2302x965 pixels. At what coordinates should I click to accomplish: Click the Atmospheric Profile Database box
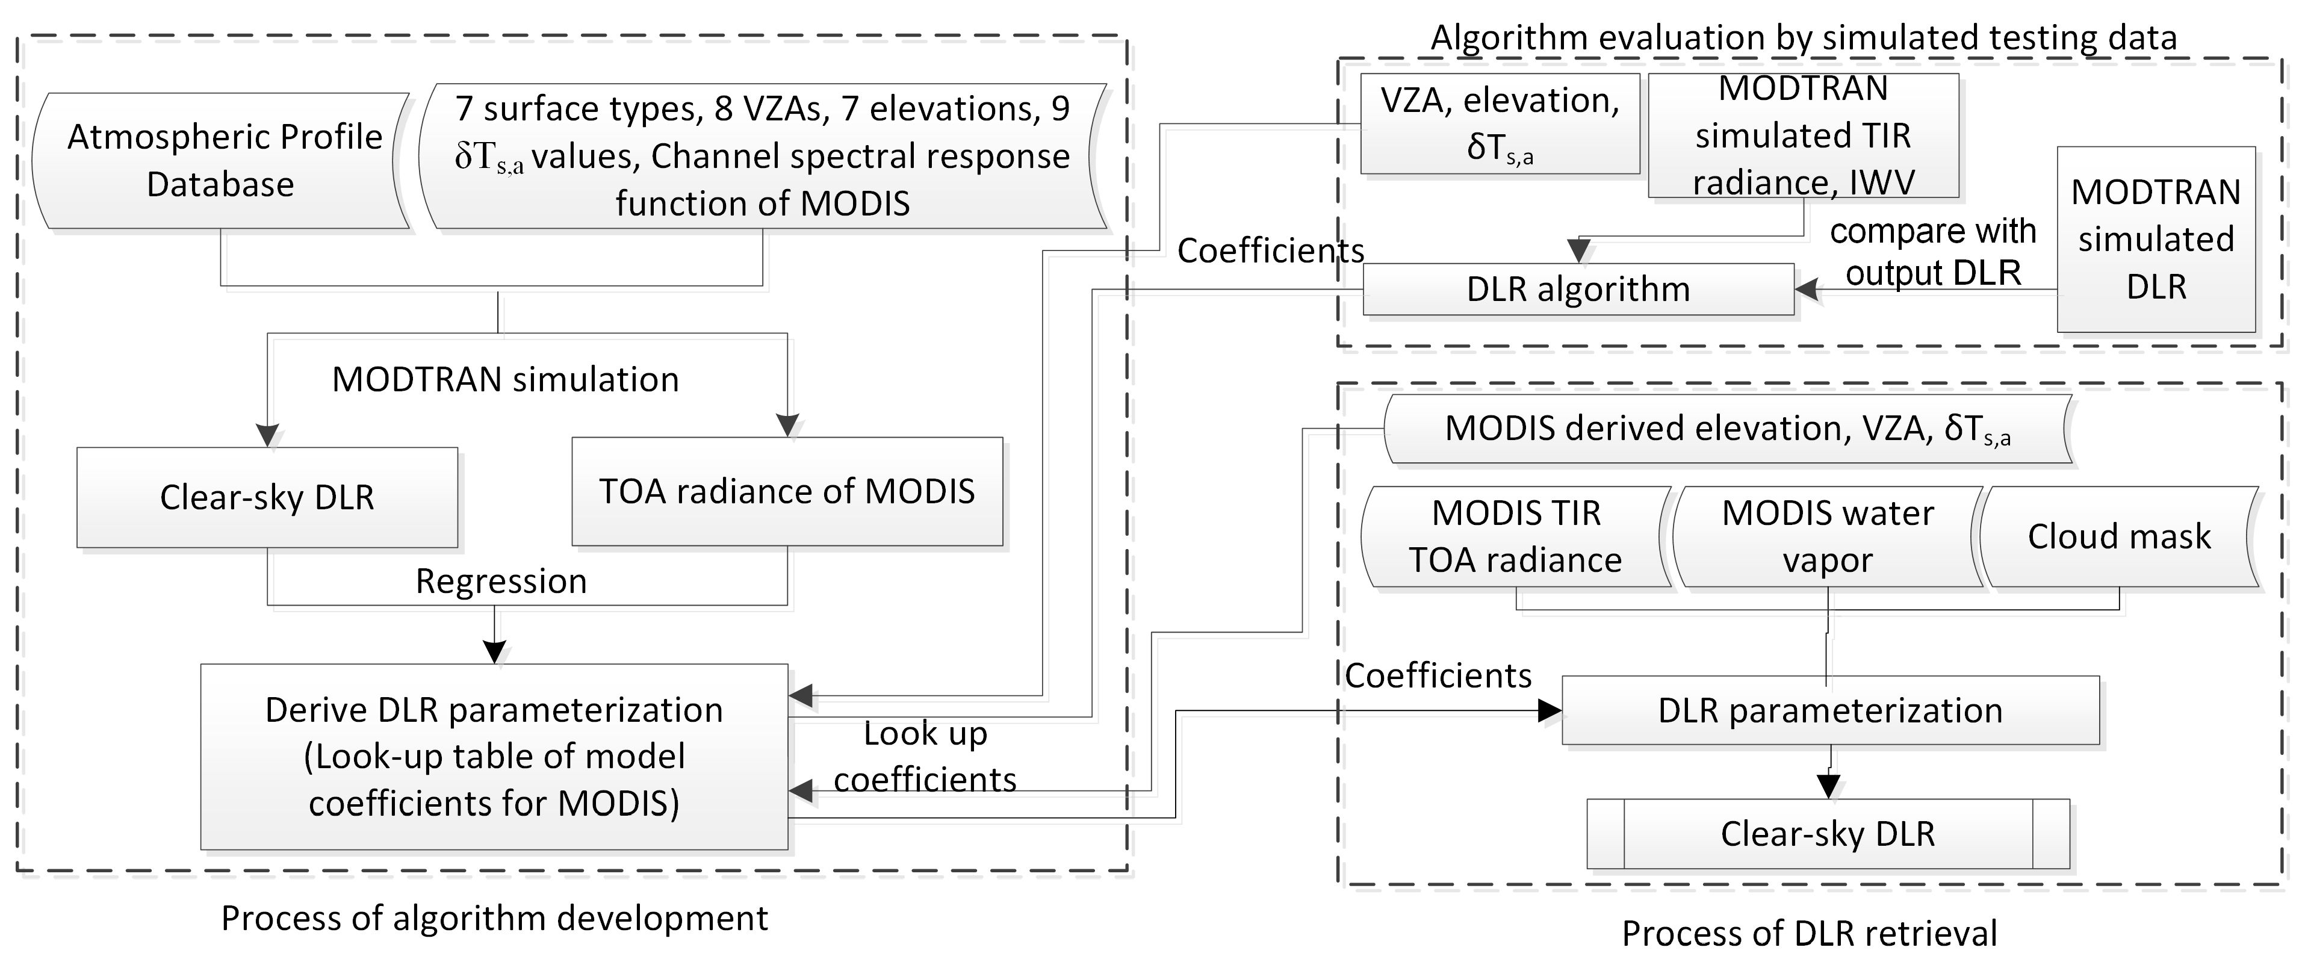coord(221,161)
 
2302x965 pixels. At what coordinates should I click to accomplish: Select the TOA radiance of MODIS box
coord(786,491)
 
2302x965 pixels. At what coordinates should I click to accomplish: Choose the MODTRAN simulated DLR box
coord(2156,240)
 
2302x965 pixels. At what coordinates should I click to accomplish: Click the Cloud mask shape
coord(2118,537)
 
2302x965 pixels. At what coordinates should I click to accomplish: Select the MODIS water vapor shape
coord(1828,537)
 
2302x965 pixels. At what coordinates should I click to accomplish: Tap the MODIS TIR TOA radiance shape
coord(1516,537)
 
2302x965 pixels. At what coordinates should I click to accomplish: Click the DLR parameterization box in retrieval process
coord(1830,710)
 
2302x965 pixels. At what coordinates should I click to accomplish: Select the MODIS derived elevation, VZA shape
coord(1726,429)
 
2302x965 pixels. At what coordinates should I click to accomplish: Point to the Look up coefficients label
coord(925,757)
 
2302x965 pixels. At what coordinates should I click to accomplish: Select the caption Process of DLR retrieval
coord(1809,934)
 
